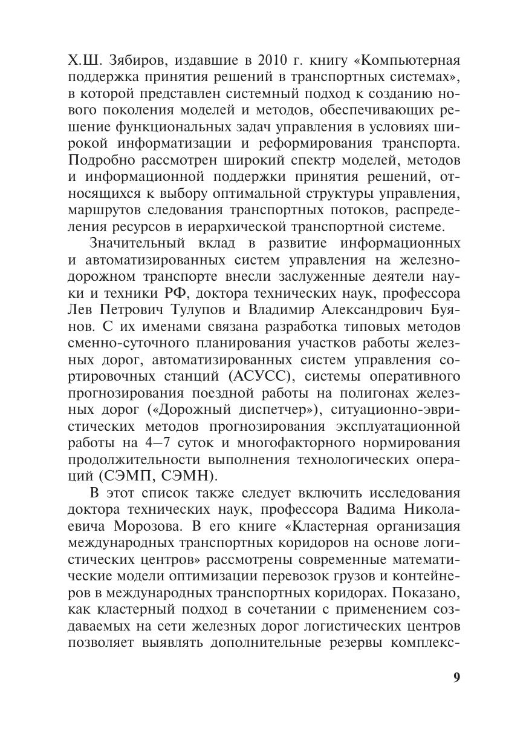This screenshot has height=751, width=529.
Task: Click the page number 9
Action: (456, 677)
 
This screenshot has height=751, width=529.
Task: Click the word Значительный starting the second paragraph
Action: (143, 243)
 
